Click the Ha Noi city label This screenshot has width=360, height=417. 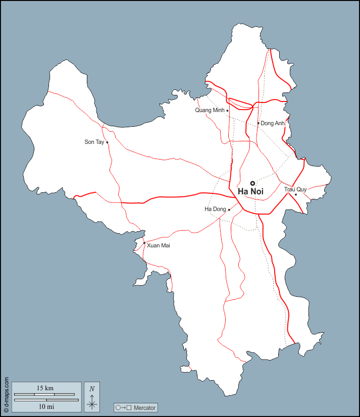[x=250, y=192]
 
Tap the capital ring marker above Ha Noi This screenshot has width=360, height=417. [x=252, y=183]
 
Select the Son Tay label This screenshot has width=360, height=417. [x=94, y=142]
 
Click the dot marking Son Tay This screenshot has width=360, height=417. [x=107, y=142]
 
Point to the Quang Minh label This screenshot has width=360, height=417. [x=210, y=110]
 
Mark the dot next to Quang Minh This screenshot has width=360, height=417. [x=227, y=111]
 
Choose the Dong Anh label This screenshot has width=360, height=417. [x=273, y=123]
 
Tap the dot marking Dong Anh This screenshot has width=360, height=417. [x=259, y=123]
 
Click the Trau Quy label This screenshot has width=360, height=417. [x=295, y=189]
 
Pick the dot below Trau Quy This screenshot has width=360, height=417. [x=296, y=194]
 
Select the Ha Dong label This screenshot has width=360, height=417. [x=215, y=209]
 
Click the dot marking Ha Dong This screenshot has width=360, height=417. [x=229, y=210]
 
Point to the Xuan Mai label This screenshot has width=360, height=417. [x=159, y=245]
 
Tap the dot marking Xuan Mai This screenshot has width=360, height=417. [x=144, y=243]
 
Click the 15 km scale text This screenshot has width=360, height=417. [x=45, y=388]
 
